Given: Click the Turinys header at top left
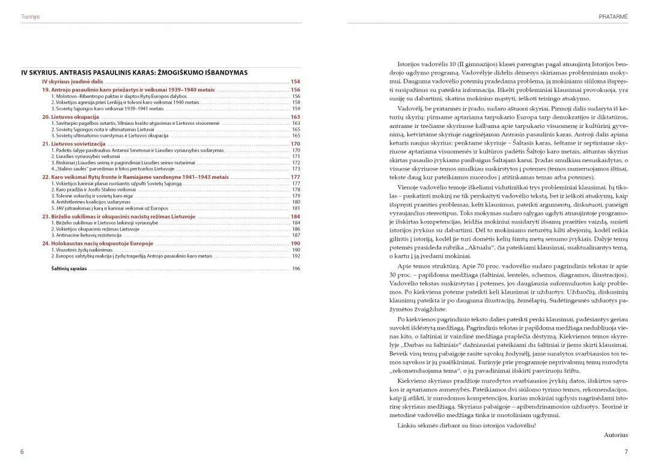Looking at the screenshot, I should (x=29, y=17).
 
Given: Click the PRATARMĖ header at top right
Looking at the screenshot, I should (x=613, y=17).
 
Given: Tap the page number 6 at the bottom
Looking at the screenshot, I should (x=22, y=451).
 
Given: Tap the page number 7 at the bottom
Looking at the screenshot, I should (x=626, y=451).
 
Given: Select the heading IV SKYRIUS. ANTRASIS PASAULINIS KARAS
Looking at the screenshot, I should (x=134, y=73).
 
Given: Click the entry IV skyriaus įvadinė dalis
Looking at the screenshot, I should (x=72, y=81).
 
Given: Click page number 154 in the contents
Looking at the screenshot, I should (x=295, y=81).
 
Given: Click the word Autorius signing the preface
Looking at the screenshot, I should (x=615, y=435).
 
